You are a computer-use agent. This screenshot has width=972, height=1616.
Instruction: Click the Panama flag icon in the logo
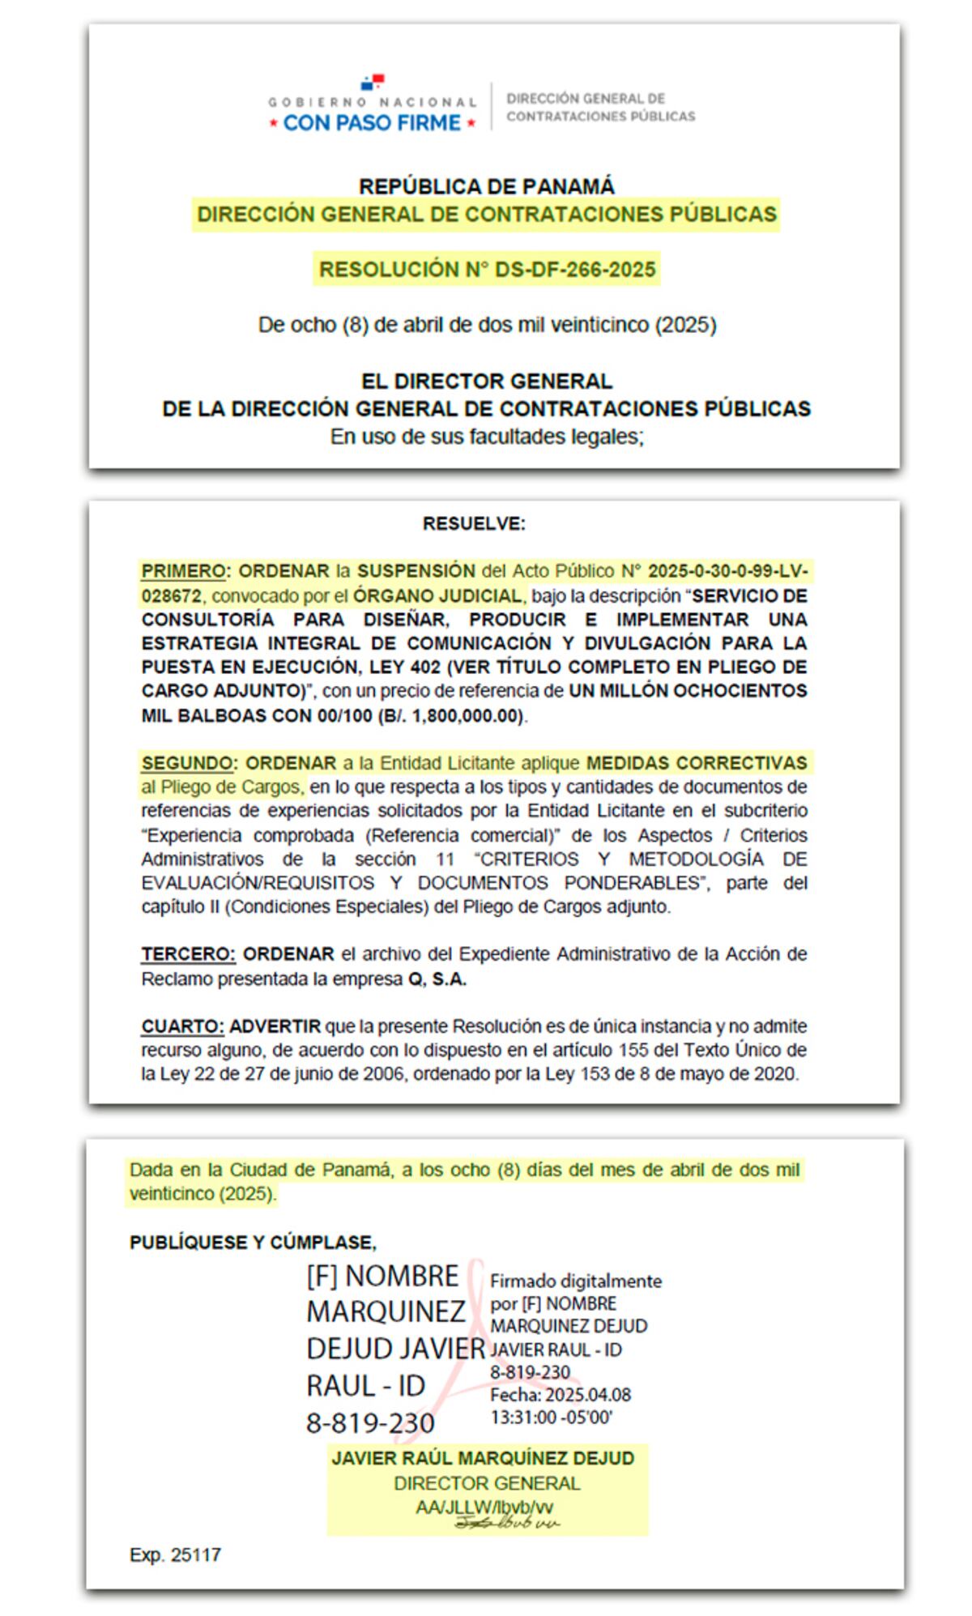pos(373,82)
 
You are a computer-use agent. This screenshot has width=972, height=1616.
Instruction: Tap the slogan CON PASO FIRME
pos(372,123)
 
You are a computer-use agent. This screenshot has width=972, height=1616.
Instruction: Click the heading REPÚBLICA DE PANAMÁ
pos(486,186)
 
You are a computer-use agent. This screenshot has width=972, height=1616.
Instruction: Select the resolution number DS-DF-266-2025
pos(575,270)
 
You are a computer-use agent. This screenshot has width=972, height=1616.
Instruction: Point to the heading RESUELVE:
pos(474,524)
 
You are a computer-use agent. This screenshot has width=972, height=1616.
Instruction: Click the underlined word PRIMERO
pos(183,571)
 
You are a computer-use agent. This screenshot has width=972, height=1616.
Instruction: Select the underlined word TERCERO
pos(188,954)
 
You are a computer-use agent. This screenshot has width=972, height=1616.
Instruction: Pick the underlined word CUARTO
pos(182,1026)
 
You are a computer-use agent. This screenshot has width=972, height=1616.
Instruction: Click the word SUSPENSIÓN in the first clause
pos(416,571)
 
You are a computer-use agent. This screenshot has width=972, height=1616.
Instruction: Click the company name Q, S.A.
pos(437,979)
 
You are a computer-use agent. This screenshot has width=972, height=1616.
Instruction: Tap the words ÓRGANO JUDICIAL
pos(437,596)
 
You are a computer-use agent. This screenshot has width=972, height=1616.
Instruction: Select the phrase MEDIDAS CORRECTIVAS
pos(697,763)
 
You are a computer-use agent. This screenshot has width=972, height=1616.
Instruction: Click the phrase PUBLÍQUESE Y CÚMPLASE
pos(253,1243)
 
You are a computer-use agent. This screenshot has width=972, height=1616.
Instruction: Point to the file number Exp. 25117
pos(175,1554)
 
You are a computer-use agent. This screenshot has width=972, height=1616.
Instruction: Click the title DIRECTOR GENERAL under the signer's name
pos(487,1483)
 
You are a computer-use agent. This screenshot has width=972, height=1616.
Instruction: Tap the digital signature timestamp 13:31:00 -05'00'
pos(551,1417)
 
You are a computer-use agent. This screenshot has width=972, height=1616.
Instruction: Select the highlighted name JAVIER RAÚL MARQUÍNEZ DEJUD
pos(483,1458)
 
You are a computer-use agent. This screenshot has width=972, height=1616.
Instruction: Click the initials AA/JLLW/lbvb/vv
pos(484,1507)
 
